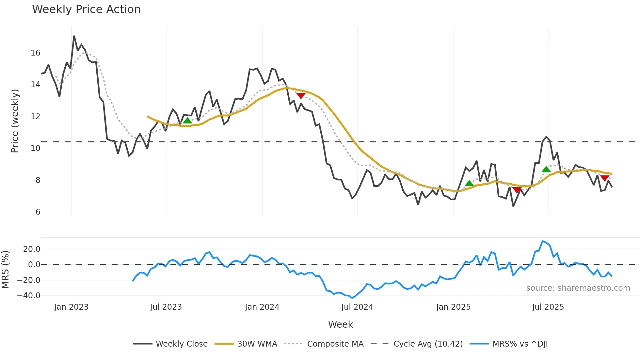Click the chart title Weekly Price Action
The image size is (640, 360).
(86, 9)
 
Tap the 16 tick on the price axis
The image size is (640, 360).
(35, 53)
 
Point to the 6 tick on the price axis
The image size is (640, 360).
(38, 212)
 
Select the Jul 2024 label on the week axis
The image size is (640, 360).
(357, 307)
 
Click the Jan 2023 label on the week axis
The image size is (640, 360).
(71, 307)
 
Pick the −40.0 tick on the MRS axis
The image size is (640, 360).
(29, 296)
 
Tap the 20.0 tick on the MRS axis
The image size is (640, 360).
(32, 249)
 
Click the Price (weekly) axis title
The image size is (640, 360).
(15, 121)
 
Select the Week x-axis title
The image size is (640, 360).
(340, 324)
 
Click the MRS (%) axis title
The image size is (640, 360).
(5, 270)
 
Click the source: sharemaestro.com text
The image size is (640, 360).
(578, 288)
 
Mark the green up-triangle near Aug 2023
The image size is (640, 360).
(187, 121)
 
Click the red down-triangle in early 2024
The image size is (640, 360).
(301, 95)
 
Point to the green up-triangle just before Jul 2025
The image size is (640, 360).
(546, 169)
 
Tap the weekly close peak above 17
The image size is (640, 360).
(74, 36)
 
